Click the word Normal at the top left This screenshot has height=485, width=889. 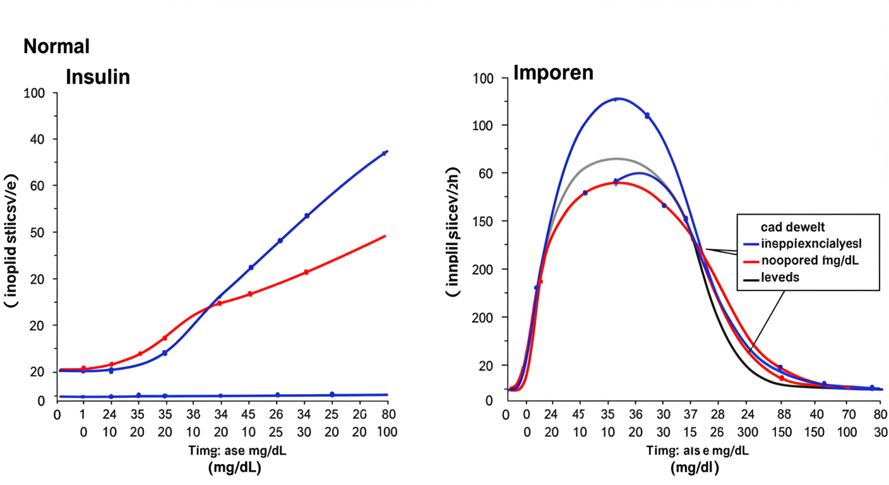pos(56,46)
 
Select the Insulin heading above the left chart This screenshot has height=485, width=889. pos(98,77)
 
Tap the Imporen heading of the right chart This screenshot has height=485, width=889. pos(553,73)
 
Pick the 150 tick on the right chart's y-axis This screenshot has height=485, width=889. pos(483,222)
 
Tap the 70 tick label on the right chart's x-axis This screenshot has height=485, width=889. pos(847,415)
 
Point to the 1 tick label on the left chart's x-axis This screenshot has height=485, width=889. pos(83,415)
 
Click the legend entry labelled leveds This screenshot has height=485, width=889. pos(780,277)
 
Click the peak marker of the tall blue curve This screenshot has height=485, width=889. pos(616,99)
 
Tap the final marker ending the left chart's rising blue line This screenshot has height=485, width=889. pos(386,152)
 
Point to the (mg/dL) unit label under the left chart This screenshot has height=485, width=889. pos(235,468)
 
